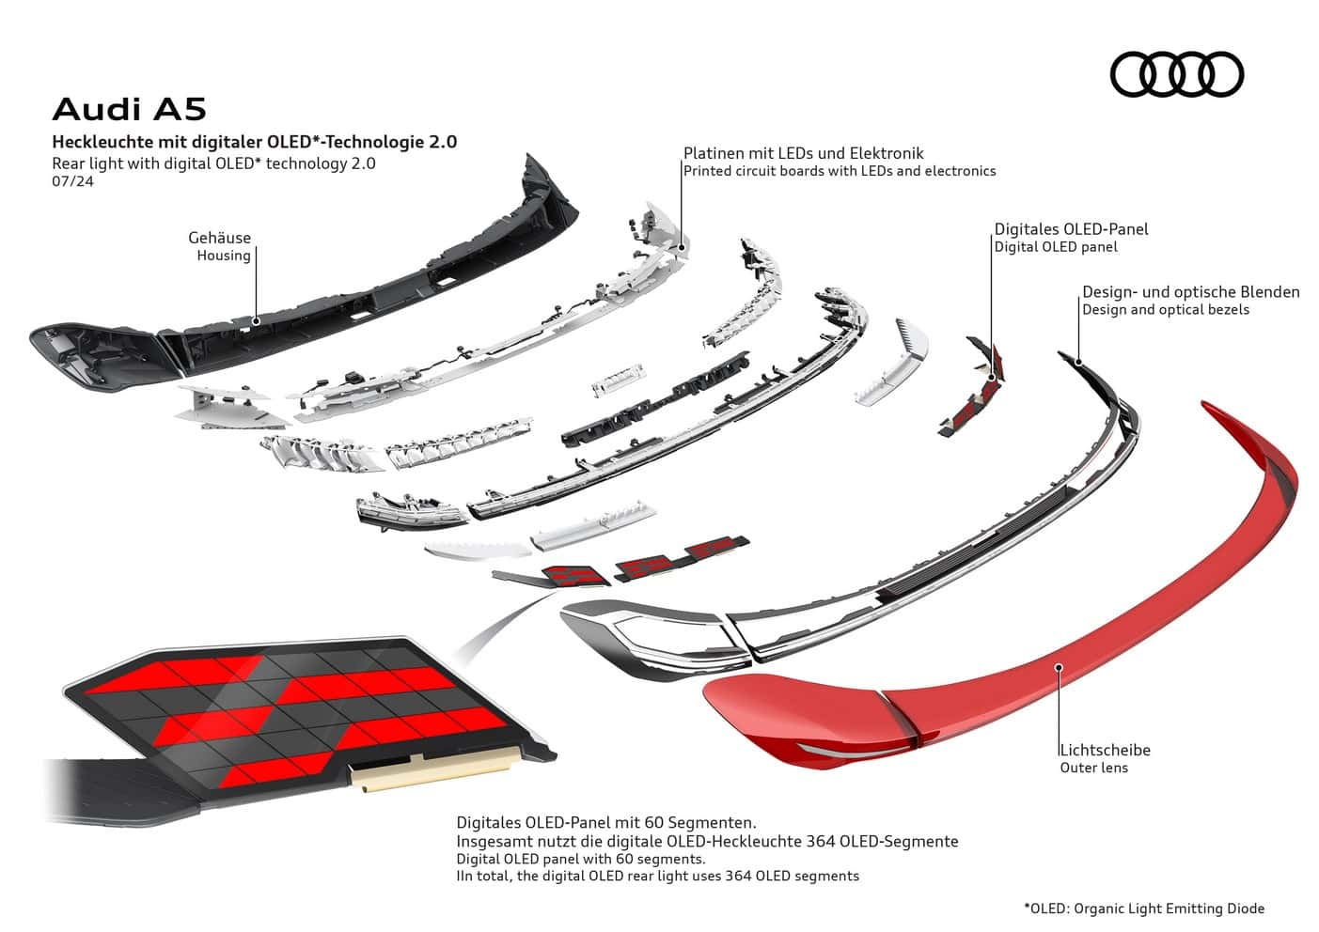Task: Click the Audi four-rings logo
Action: (1176, 74)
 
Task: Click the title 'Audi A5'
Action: (129, 109)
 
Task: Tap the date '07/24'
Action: (72, 181)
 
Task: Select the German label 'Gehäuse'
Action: (219, 238)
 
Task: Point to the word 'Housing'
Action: (224, 256)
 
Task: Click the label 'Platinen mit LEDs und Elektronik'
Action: (803, 153)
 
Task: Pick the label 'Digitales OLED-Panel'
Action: (1071, 229)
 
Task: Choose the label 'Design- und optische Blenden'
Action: (1190, 292)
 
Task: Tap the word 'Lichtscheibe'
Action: (1105, 750)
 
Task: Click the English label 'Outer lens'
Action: (1093, 768)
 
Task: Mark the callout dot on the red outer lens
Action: (1059, 667)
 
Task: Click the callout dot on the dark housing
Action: (257, 319)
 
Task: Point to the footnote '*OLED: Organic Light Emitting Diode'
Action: (1143, 909)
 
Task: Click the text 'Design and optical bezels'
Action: (1165, 310)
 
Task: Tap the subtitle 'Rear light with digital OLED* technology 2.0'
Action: (213, 163)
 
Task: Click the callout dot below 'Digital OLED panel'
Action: (992, 379)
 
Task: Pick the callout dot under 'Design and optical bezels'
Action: (1078, 362)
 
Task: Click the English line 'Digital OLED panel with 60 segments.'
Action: (580, 859)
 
